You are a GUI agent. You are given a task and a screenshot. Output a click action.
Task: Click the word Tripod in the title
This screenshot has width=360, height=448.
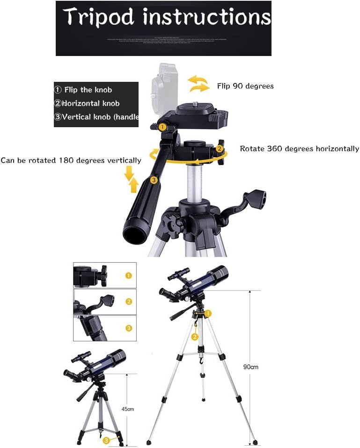[x=99, y=17]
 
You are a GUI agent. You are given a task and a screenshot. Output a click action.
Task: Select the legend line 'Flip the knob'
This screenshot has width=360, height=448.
[x=83, y=90]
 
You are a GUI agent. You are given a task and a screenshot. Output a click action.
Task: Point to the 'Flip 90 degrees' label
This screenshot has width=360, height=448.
[x=245, y=86]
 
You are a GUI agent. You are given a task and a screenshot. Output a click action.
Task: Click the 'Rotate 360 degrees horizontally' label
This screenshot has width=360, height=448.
[x=299, y=149]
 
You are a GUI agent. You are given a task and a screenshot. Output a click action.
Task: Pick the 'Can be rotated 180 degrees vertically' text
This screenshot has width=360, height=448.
[x=71, y=160]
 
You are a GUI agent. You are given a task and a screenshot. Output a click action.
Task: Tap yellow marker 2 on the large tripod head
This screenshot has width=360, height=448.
[x=219, y=149]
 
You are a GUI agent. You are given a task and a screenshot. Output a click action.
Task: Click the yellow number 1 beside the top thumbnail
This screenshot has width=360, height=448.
[x=129, y=275]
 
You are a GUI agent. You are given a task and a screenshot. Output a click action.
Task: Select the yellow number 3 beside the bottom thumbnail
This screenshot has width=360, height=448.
[x=129, y=328]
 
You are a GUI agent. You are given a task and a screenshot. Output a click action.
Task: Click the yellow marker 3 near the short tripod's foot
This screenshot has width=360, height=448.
[x=107, y=439]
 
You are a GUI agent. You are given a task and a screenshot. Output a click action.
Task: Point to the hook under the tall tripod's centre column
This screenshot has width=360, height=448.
[x=202, y=361]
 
